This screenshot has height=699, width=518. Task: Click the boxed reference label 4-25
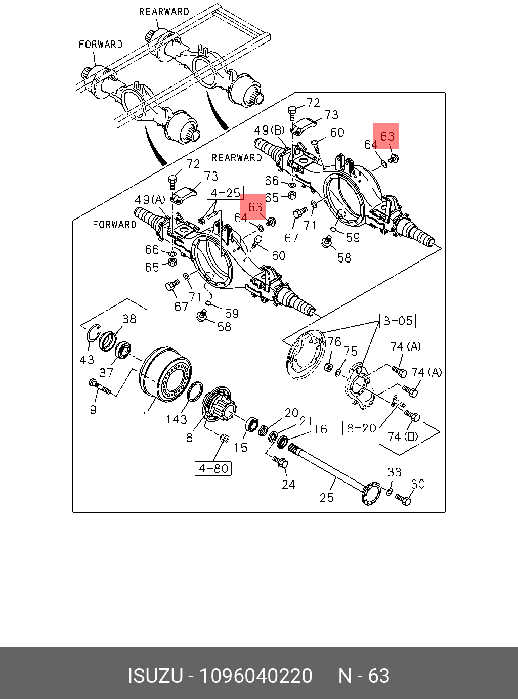pos(226,193)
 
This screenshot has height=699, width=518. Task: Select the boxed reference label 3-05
pos(397,321)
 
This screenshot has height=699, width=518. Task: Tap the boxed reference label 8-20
pos(361,428)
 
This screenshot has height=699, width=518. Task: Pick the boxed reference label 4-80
pos(213,468)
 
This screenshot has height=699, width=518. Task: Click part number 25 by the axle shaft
pos(327,498)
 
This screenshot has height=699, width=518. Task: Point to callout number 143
pos(177,419)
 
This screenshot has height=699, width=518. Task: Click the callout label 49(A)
pos(150,200)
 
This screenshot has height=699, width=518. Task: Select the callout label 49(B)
pos(270,130)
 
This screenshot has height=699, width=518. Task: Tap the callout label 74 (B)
pos(403,436)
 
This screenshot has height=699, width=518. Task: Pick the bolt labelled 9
pos(100,388)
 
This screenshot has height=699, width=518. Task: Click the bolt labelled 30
pos(404,500)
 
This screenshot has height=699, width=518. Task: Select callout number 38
pos(129,319)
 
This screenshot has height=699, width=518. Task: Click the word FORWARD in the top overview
pos(101,45)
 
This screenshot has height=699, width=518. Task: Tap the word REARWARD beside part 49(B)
pos(237,158)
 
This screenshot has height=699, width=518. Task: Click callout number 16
pos(321,429)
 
